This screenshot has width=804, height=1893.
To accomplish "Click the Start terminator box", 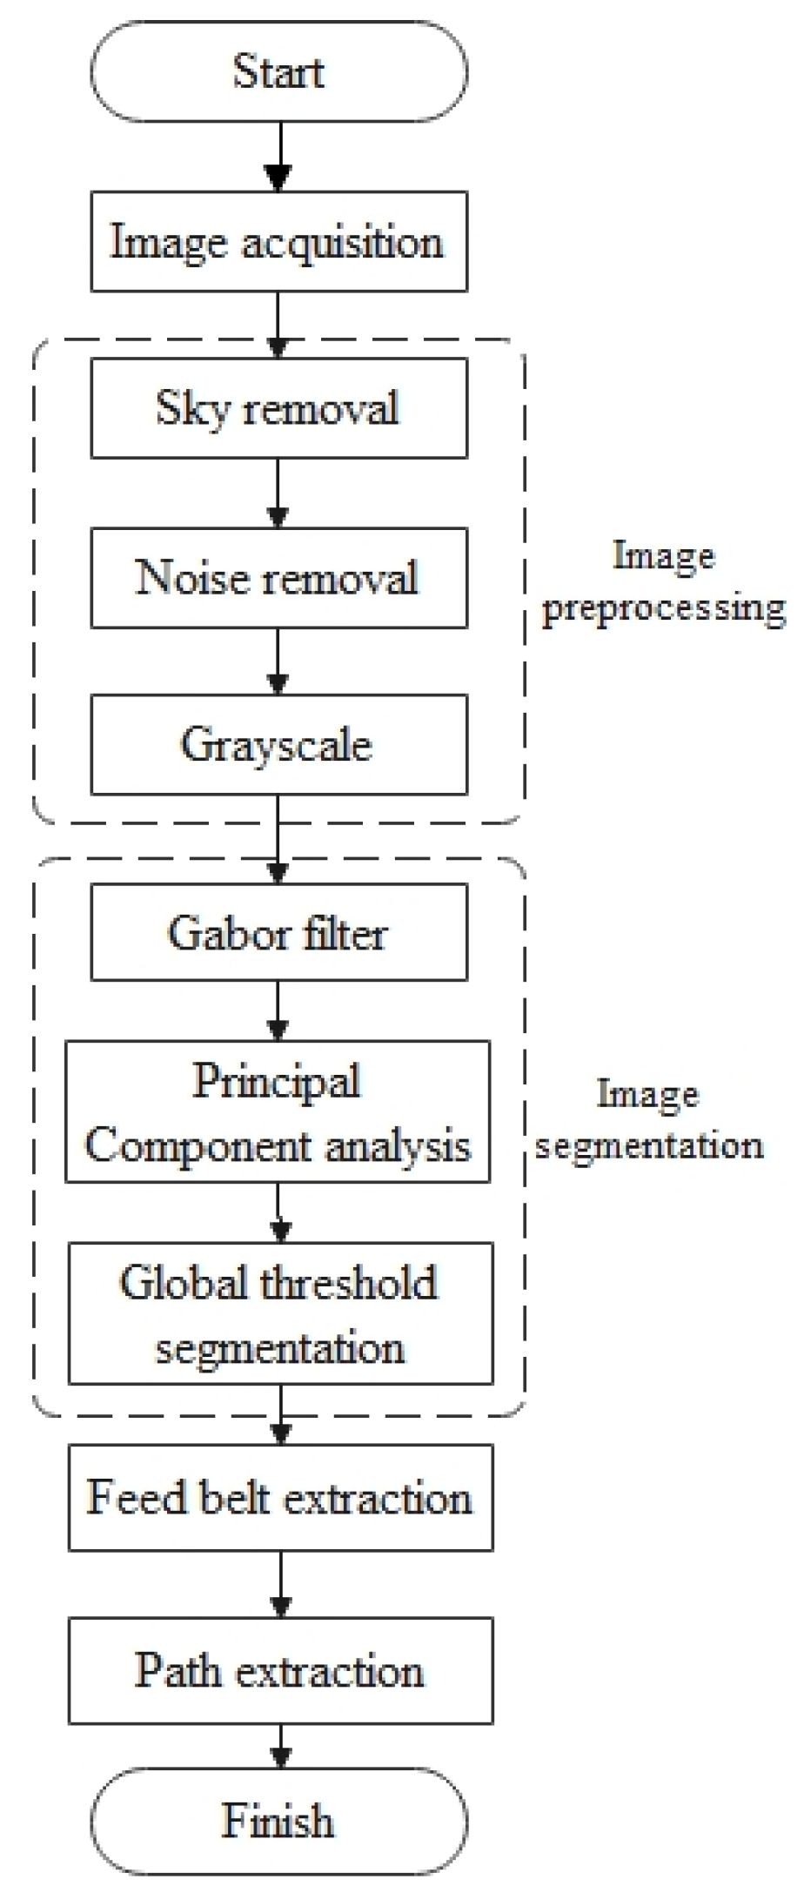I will coord(278,71).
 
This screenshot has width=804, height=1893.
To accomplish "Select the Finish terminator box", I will coord(278,1821).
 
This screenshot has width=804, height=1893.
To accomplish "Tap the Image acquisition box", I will coord(278,242).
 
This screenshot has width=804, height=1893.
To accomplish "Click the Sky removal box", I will coord(278,408).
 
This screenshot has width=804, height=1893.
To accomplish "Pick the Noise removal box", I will coord(278,577).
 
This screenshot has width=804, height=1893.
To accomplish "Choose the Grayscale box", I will coord(278,744).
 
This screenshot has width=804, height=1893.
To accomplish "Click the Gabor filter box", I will coord(278,932).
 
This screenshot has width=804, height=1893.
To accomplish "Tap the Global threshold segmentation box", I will coord(280,1313).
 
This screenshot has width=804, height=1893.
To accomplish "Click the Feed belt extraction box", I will coord(280,1498).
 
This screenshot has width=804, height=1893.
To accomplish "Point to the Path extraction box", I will coord(280,1670).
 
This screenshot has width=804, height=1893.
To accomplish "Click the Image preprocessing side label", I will coord(663,581).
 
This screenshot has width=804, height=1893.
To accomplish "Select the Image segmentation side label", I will coord(649,1119).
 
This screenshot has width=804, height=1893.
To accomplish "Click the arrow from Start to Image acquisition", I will coord(278,157).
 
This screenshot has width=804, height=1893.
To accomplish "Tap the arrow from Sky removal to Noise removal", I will coord(278,493).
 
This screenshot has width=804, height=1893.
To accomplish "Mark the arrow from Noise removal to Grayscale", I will coord(278,661).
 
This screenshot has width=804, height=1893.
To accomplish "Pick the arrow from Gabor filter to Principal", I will coord(278,1010).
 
